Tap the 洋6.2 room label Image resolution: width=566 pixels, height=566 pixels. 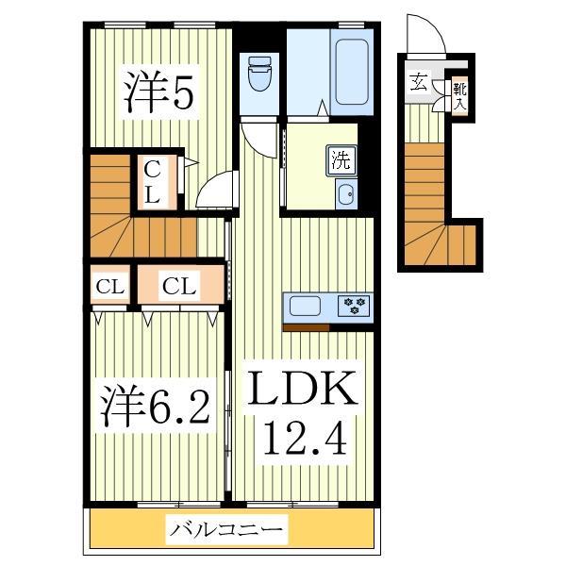click(x=156, y=408)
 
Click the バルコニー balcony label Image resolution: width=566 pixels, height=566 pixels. click(x=226, y=531)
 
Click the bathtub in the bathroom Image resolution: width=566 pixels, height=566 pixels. click(x=352, y=72)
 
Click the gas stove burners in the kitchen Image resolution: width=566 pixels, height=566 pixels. click(x=355, y=305)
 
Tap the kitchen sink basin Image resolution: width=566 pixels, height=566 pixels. click(x=307, y=306)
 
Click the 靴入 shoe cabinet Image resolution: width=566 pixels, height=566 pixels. click(x=458, y=96)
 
